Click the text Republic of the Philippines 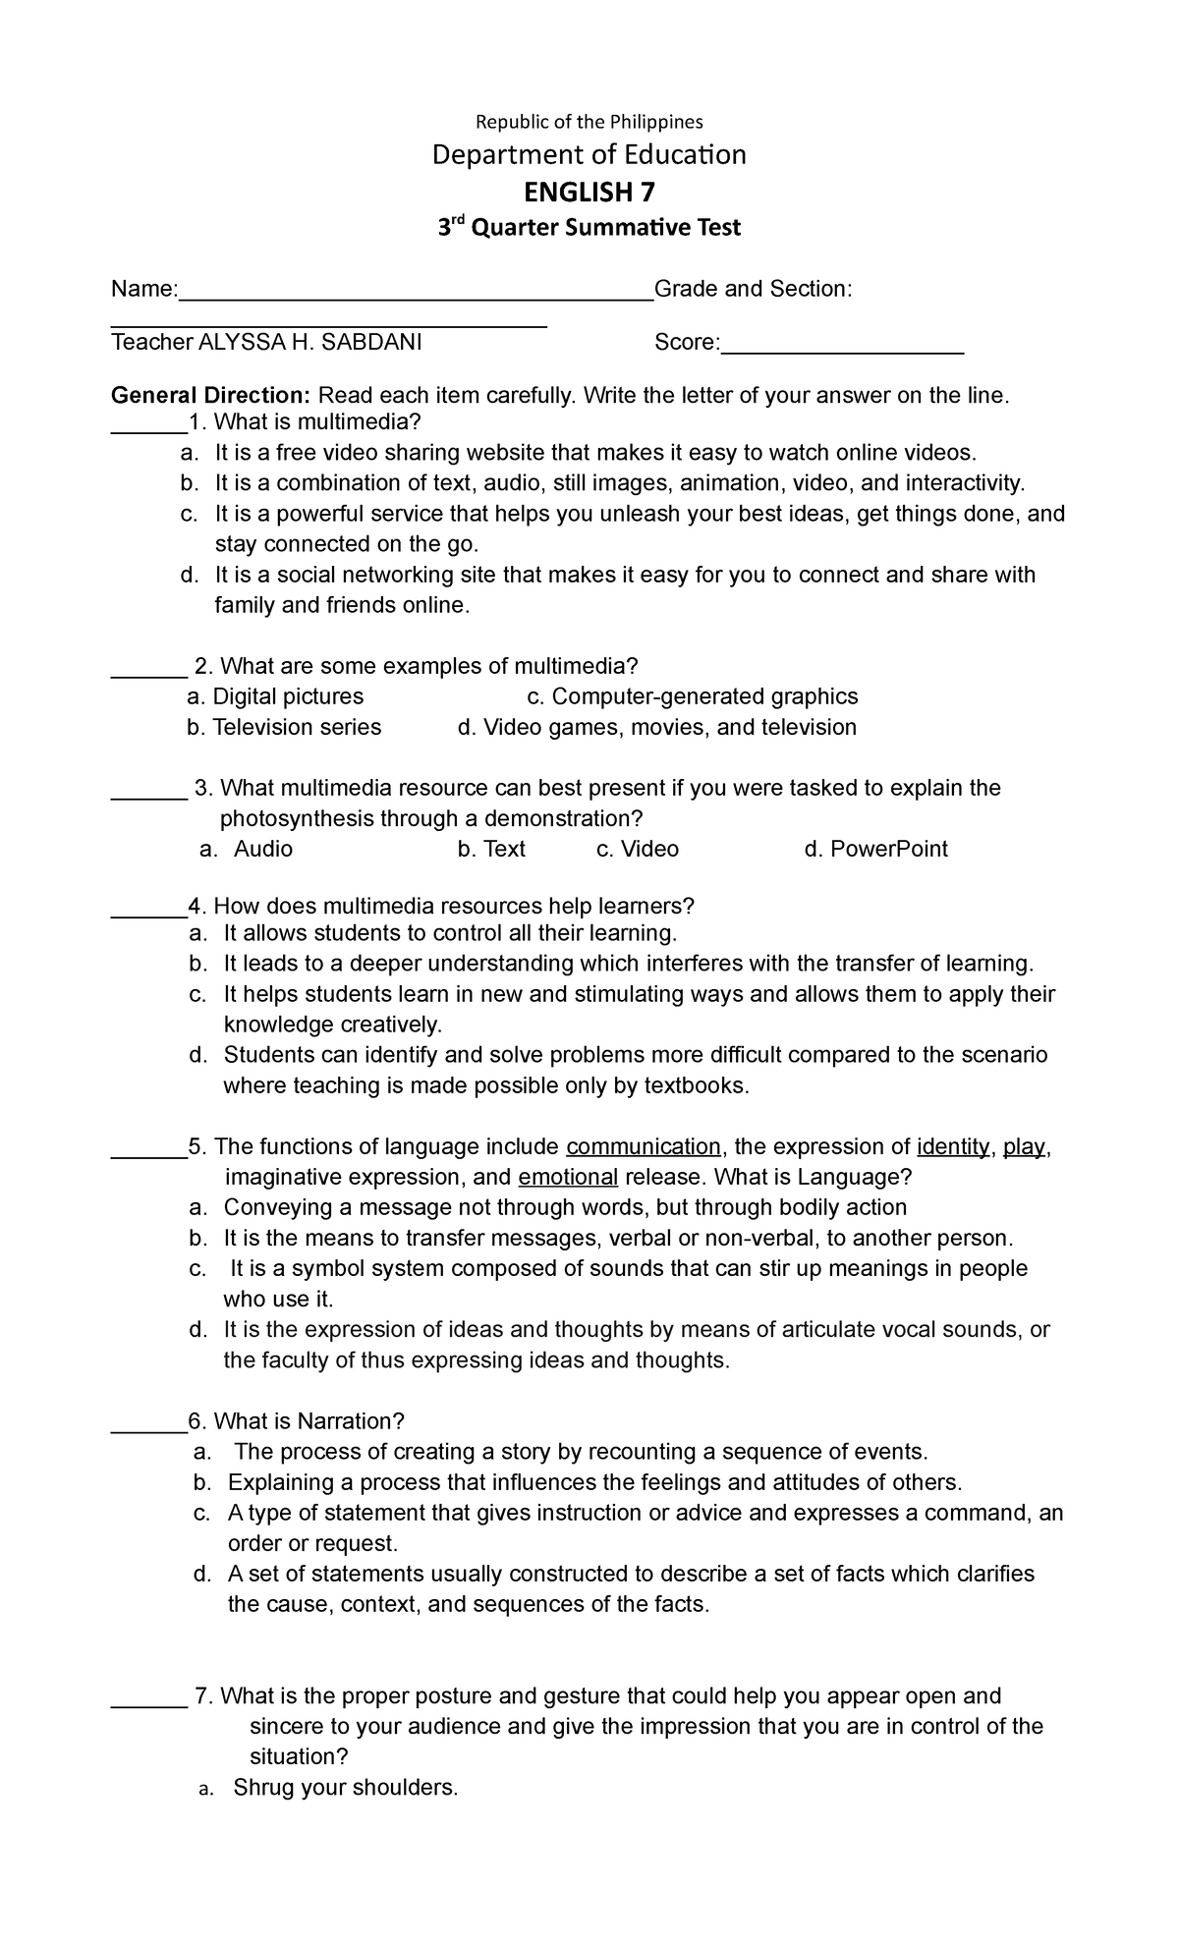589,122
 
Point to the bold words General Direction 210,396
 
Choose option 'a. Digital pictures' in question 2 275,696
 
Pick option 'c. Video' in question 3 638,849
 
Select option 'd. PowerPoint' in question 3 875,849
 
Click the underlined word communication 644,1146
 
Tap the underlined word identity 952,1146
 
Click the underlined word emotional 568,1177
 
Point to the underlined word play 1024,1146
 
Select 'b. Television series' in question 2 284,727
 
